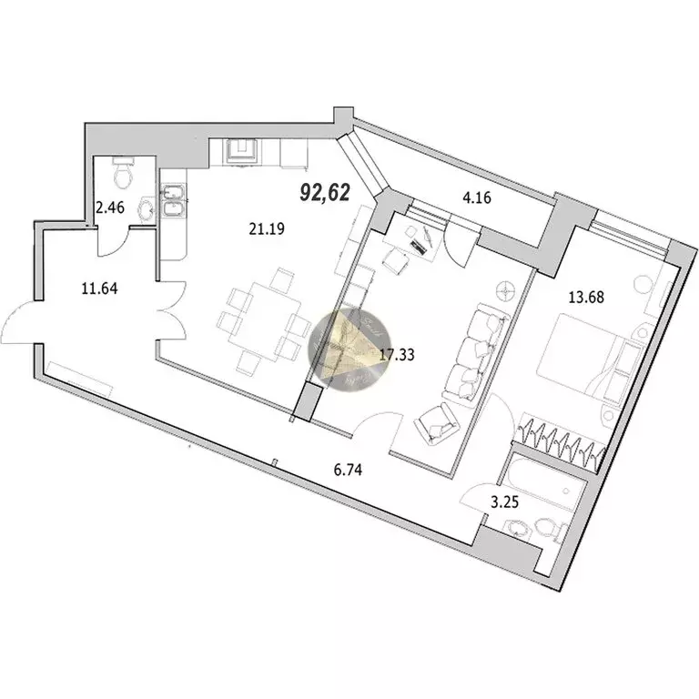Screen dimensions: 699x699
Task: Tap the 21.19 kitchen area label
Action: tap(268, 229)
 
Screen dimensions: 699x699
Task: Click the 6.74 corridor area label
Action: tap(349, 471)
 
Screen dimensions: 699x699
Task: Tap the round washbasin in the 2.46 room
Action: tap(145, 210)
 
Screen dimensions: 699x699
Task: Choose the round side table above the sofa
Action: tap(506, 289)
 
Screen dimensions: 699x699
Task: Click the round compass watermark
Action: tap(350, 350)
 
